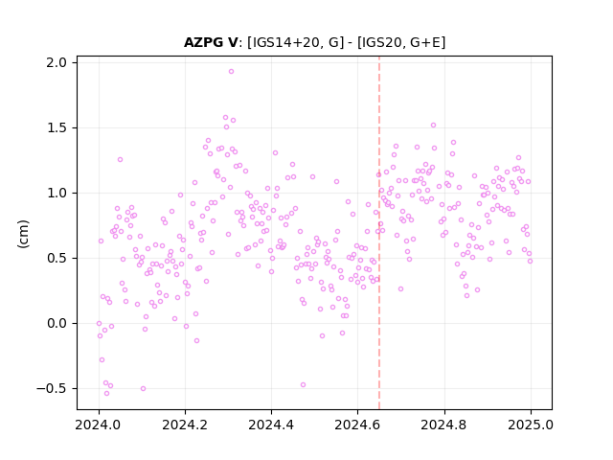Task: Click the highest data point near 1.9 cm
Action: (x=231, y=72)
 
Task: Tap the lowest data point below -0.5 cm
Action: (x=106, y=393)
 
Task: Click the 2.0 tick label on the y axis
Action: (x=57, y=62)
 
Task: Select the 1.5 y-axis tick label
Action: (x=57, y=127)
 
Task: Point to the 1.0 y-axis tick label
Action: (x=57, y=194)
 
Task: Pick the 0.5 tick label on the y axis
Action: (x=57, y=259)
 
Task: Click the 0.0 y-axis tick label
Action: (x=57, y=324)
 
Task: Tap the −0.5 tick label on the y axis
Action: (x=52, y=389)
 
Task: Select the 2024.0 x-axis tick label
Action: (x=99, y=425)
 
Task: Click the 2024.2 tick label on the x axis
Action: (x=185, y=425)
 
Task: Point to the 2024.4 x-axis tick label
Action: (x=271, y=425)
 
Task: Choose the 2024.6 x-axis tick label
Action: (x=357, y=425)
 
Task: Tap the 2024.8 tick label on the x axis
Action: (x=444, y=425)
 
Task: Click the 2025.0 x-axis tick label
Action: (x=531, y=425)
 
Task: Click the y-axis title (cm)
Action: (x=23, y=234)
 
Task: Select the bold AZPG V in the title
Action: (x=211, y=42)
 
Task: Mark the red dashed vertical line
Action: (x=379, y=233)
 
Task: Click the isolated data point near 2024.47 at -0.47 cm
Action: (x=303, y=385)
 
